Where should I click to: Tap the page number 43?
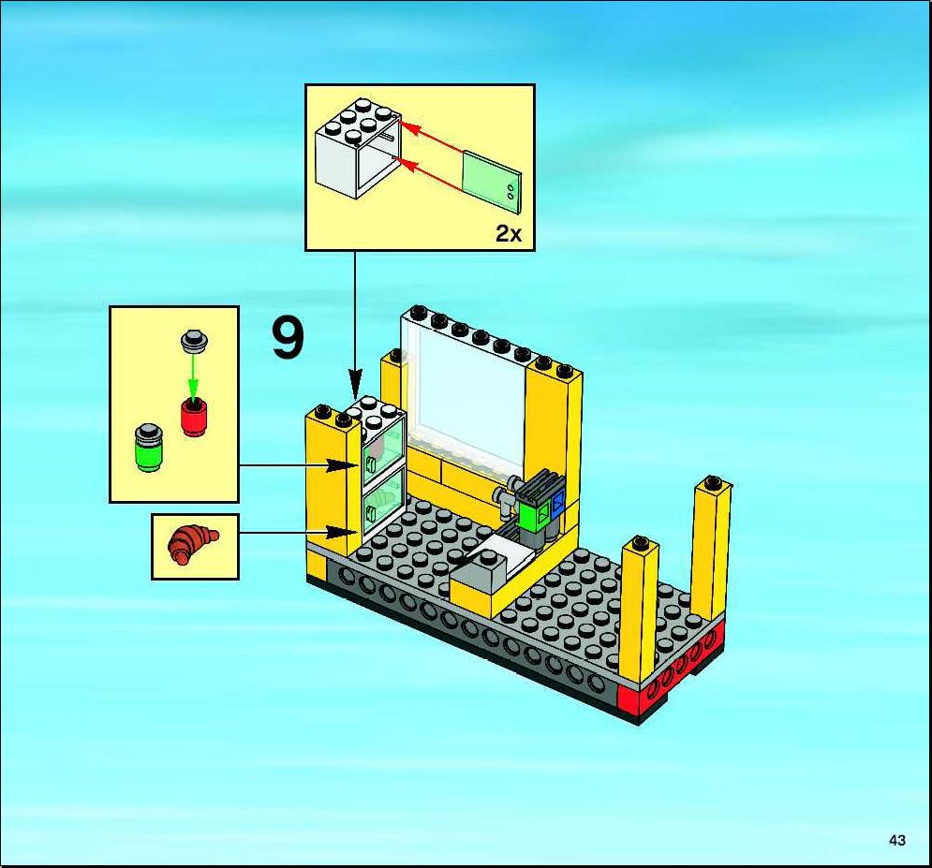(897, 840)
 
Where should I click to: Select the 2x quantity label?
(509, 234)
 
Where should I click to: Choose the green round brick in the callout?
(149, 448)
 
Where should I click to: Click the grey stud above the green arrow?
(194, 341)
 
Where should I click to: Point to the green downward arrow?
(193, 377)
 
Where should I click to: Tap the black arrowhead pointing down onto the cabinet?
(355, 383)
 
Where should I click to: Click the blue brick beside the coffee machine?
(558, 505)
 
